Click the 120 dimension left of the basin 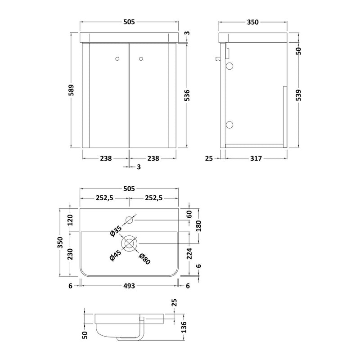70,220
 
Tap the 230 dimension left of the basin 70,254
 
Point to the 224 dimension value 189,254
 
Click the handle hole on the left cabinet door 118,58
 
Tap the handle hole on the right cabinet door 141,58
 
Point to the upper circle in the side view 229,67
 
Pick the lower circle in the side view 229,125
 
